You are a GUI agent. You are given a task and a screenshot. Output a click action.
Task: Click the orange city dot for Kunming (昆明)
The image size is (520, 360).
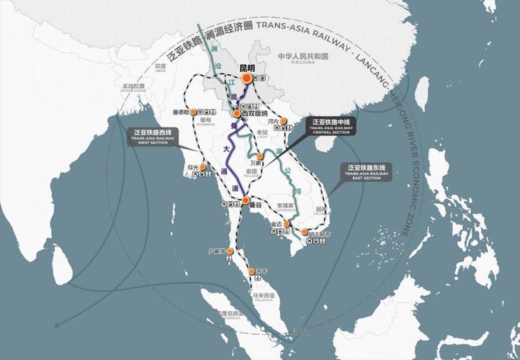click(x=246, y=78)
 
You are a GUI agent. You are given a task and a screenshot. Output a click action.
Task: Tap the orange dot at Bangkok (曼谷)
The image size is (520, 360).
click(x=246, y=199)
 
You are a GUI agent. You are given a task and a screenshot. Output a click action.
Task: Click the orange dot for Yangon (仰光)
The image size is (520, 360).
click(x=204, y=167)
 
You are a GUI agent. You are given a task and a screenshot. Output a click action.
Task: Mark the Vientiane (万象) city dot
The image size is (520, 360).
click(x=261, y=156)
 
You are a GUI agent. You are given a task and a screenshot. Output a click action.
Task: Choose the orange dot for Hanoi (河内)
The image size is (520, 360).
click(x=283, y=121)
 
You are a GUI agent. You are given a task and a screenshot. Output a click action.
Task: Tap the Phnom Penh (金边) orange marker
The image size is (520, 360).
click(x=286, y=224)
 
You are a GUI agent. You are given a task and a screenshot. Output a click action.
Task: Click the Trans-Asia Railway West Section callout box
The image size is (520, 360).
click(x=156, y=137)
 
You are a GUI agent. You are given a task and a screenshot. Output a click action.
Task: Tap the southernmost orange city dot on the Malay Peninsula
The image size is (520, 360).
click(x=251, y=271)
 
